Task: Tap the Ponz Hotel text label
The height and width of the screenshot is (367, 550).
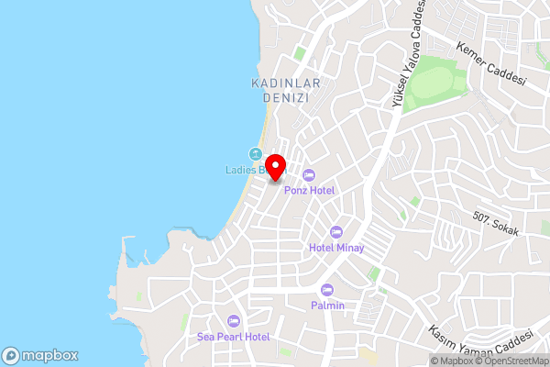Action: (x=309, y=190)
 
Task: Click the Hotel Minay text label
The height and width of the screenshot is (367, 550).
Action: (x=336, y=248)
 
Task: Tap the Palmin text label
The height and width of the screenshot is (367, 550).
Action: (x=327, y=306)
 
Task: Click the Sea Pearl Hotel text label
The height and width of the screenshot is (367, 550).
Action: (x=234, y=337)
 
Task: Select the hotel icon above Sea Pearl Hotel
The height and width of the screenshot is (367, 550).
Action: (x=234, y=321)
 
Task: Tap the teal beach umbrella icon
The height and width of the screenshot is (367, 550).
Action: (x=256, y=153)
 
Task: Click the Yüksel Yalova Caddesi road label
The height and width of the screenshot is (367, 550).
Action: (x=409, y=55)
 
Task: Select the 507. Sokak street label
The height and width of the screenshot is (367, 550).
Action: (x=496, y=224)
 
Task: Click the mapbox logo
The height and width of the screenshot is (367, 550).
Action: (x=40, y=355)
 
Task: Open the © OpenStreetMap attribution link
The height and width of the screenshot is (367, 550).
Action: (x=511, y=361)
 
